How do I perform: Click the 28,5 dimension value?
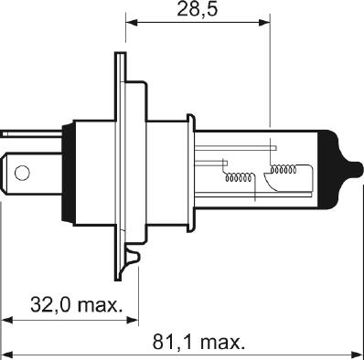199,11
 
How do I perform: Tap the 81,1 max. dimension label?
199,344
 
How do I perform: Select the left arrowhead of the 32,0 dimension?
7,320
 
